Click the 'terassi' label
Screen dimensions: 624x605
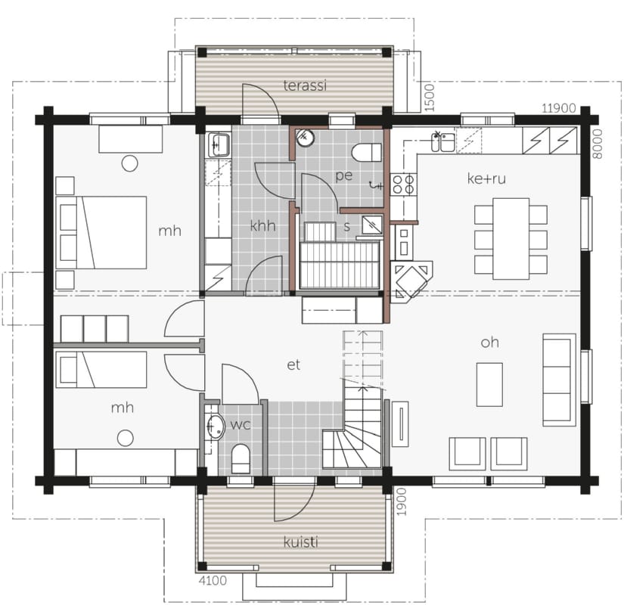pyautogui.click(x=305, y=85)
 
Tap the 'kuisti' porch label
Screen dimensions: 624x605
pyautogui.click(x=301, y=541)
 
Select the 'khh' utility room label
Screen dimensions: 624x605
pyautogui.click(x=262, y=225)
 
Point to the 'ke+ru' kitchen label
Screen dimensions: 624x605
pyautogui.click(x=486, y=178)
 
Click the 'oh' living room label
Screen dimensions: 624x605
pyautogui.click(x=489, y=343)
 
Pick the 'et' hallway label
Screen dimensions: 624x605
pyautogui.click(x=293, y=365)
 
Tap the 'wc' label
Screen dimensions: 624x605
pyautogui.click(x=241, y=425)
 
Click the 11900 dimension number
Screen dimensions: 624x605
pyautogui.click(x=559, y=108)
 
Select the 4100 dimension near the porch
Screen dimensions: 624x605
pyautogui.click(x=213, y=581)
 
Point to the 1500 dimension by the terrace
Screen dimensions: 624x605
pyautogui.click(x=430, y=98)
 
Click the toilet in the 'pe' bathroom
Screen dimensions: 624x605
pyautogui.click(x=367, y=153)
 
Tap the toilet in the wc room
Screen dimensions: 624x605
pyautogui.click(x=241, y=459)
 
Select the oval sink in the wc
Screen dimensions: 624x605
pyautogui.click(x=216, y=427)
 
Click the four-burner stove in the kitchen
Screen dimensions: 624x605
pyautogui.click(x=403, y=184)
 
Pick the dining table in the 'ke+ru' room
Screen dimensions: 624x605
pyautogui.click(x=511, y=238)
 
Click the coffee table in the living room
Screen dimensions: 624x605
pyautogui.click(x=489, y=384)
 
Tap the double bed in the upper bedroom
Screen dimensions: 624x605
pyautogui.click(x=101, y=232)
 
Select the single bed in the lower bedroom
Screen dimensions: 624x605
pyautogui.click(x=101, y=369)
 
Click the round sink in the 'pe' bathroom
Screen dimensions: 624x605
pyautogui.click(x=306, y=138)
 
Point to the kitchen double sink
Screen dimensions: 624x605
pyautogui.click(x=443, y=142)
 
